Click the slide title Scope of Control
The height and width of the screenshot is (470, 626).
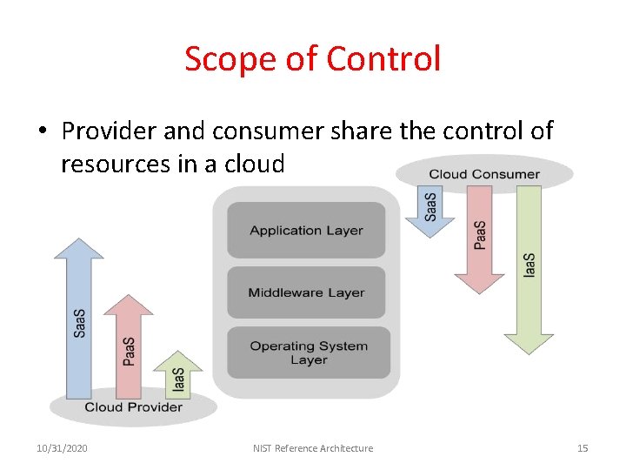pos(312,59)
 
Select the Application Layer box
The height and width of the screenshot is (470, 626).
pos(306,231)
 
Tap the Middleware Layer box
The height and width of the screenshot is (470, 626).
pos(306,292)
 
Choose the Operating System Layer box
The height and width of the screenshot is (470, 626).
pos(308,352)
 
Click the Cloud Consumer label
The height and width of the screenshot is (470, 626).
pos(484,174)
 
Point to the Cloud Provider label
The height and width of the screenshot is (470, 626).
pos(133,406)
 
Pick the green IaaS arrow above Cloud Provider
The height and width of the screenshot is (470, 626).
pos(177,374)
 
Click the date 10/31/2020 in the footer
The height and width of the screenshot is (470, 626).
pos(62,448)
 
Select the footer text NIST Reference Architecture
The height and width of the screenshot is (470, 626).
pos(313,448)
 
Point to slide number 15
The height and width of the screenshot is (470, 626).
pos(583,448)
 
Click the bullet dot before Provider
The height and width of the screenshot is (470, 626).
pos(42,132)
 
